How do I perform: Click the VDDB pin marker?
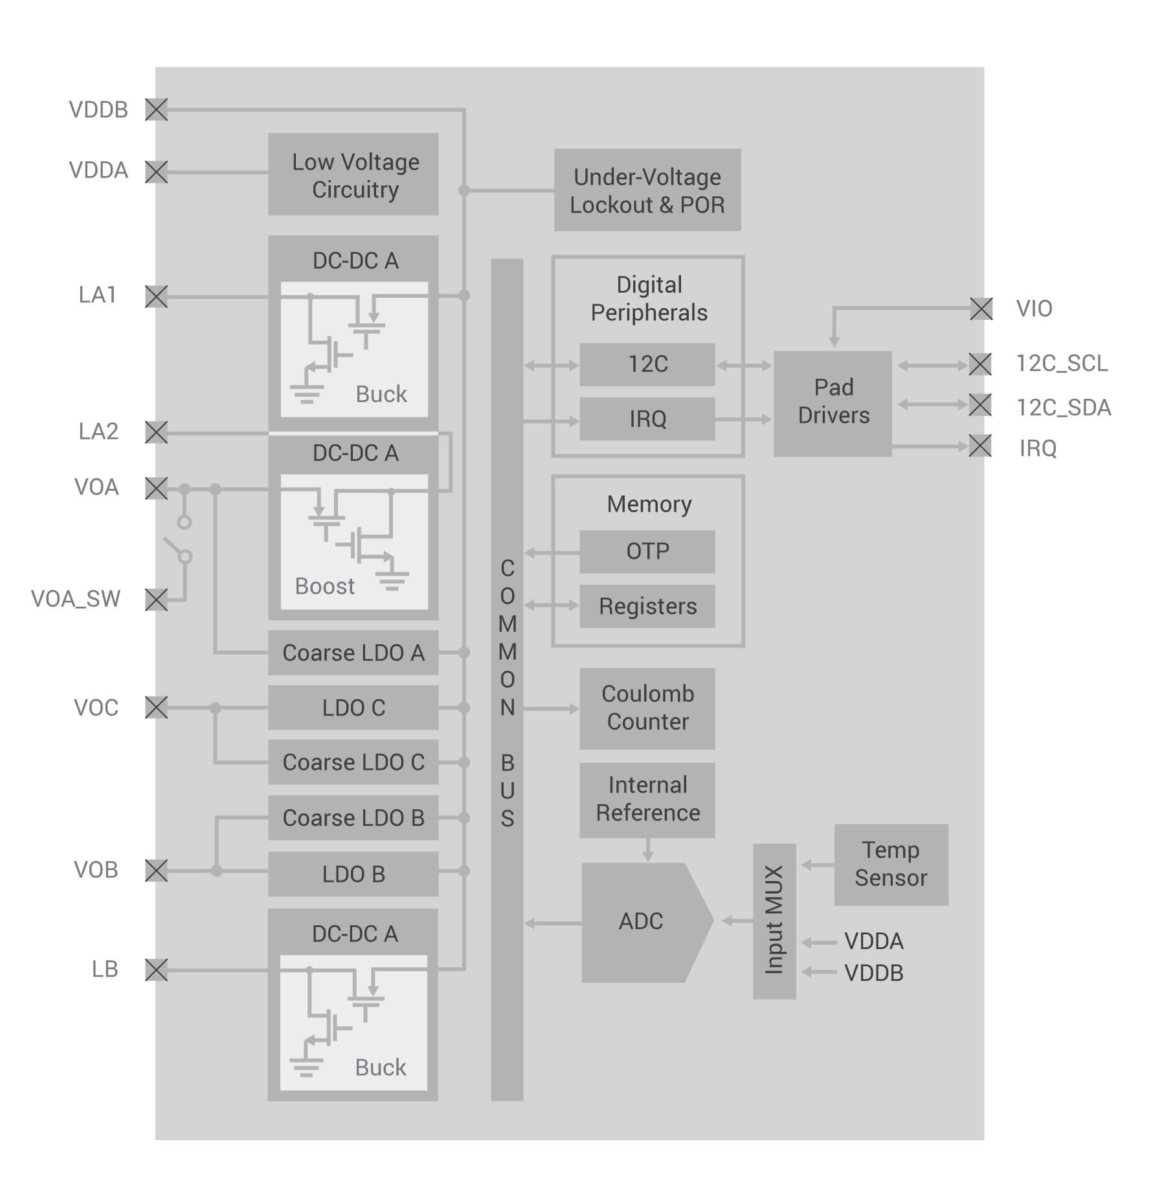156,109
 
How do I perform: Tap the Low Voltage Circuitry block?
353,175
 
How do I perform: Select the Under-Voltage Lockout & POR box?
647,190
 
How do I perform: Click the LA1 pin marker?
156,297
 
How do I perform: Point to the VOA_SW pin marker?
156,600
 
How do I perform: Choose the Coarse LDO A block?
353,653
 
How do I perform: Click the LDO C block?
353,708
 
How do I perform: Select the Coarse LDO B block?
353,818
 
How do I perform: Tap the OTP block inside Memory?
647,552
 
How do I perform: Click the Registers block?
647,606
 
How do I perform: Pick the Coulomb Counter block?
647,708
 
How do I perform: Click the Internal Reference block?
647,800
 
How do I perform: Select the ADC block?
641,922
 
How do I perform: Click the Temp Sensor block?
891,864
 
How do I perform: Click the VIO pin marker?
981,309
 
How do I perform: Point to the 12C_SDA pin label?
1064,407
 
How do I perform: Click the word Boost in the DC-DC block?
324,586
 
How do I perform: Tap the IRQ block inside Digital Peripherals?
647,419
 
